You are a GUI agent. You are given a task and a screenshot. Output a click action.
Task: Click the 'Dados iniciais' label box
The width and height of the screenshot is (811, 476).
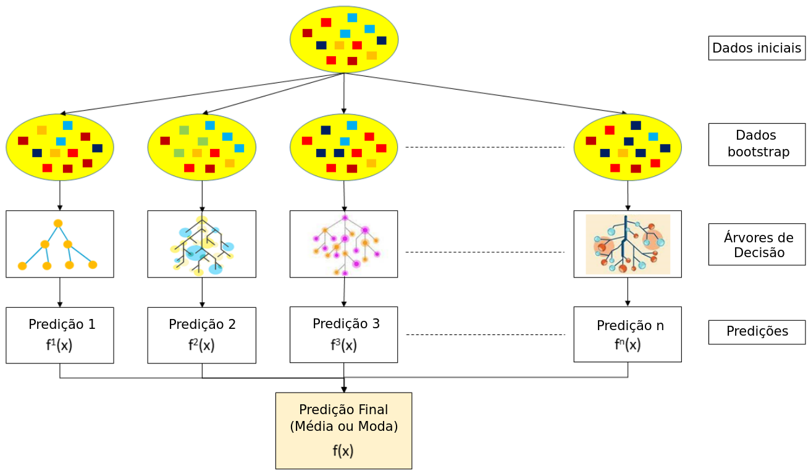757,48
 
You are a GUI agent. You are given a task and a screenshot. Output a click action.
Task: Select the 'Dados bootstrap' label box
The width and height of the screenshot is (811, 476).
757,145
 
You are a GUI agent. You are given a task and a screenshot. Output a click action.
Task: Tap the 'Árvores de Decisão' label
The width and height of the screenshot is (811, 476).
757,245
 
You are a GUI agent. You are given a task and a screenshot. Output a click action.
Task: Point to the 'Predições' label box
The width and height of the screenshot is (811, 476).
757,332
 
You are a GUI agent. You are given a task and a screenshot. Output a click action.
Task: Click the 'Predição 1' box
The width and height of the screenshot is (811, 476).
60,335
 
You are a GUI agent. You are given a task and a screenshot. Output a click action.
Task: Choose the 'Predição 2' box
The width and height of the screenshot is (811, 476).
202,335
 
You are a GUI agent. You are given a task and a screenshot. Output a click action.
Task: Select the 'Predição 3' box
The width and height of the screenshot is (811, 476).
344,334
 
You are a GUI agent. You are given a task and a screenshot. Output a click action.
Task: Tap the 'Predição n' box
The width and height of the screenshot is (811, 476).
628,334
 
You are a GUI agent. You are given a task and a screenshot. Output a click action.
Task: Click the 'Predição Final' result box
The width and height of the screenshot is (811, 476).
343,430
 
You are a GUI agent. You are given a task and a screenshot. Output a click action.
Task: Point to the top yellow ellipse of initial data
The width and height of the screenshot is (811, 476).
344,40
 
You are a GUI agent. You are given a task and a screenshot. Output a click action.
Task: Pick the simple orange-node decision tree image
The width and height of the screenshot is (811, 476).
60,244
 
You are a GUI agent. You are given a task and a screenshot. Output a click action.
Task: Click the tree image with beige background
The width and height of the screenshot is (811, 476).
628,244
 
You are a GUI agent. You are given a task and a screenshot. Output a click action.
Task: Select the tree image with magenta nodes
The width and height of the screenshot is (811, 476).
344,244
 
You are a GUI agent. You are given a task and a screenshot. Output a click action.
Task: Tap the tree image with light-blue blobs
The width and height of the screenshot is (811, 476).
202,244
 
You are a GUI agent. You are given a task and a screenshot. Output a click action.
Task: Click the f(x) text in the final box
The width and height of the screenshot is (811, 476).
343,451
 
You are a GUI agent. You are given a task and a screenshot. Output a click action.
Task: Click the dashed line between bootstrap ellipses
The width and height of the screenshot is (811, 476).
485,147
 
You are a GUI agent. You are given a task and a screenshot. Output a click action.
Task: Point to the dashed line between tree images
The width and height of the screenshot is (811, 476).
485,252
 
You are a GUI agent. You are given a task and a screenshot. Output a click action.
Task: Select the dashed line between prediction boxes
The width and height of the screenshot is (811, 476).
485,335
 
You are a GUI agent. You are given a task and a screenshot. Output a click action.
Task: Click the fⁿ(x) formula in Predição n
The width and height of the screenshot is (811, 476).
628,345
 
